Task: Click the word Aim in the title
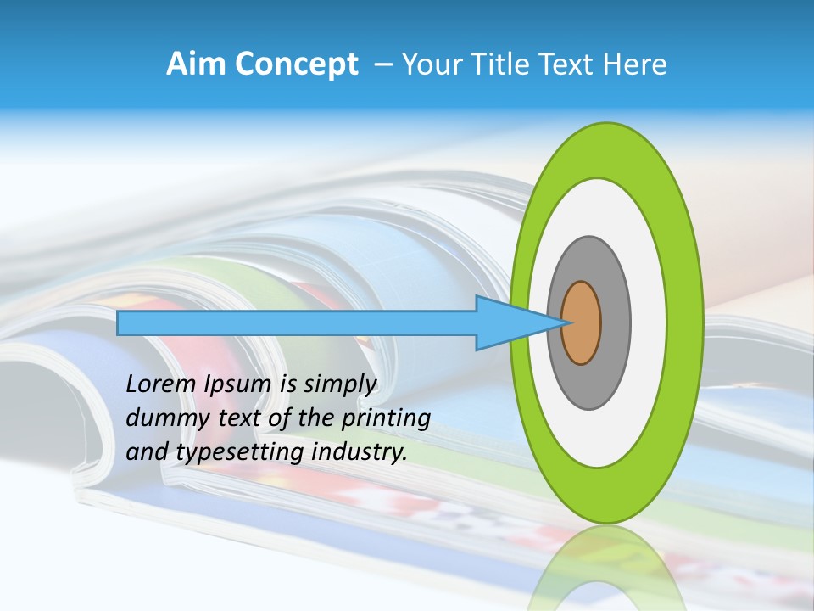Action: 195,64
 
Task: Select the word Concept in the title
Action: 294,64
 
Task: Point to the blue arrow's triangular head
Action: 509,322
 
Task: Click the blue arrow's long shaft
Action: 297,322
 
